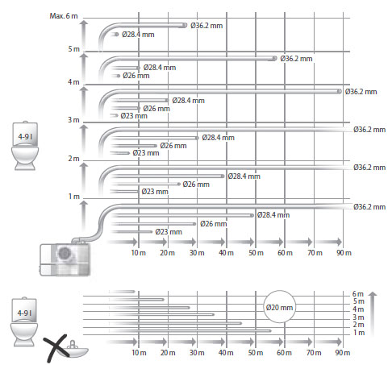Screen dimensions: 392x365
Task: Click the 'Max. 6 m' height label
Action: click(64, 16)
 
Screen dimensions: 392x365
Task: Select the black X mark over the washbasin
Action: click(56, 348)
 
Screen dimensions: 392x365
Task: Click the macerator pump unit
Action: click(65, 259)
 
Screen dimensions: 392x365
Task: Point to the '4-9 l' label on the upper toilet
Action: click(25, 137)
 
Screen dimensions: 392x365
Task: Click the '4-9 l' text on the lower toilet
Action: click(24, 313)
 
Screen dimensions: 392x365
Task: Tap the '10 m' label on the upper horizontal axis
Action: click(139, 253)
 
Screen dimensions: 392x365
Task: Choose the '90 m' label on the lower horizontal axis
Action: click(343, 353)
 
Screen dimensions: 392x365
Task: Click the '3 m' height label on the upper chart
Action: click(73, 120)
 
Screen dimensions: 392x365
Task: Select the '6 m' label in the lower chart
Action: click(358, 294)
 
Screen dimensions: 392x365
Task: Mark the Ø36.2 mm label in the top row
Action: click(206, 26)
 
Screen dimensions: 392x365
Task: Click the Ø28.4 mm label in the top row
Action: click(138, 35)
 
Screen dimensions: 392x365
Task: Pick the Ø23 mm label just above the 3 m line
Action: click(134, 116)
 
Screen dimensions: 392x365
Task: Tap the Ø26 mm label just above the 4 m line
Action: click(136, 76)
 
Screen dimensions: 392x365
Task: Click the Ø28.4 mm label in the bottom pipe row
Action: click(273, 215)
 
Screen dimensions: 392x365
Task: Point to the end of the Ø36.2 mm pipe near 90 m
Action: click(340, 92)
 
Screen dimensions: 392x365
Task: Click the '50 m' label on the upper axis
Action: click(256, 253)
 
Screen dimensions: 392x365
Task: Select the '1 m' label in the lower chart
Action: click(359, 333)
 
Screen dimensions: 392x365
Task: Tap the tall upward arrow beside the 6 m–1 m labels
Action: click(373, 313)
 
